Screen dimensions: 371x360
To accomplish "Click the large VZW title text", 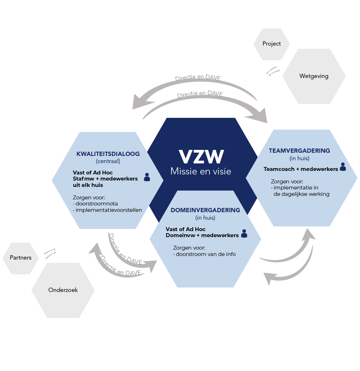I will point(201,157).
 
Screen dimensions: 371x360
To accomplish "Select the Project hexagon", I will point(272,44).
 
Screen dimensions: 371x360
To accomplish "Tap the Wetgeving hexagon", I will point(314,76).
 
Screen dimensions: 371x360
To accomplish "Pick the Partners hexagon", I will point(21,258).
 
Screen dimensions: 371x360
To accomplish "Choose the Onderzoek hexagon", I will point(63,290).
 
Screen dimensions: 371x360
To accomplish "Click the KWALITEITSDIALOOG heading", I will point(108,154).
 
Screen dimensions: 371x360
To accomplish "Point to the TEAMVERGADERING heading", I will point(300,151).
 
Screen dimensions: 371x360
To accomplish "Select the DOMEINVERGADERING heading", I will point(205,210).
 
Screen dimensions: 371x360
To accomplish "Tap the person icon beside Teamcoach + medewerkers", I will point(343,167).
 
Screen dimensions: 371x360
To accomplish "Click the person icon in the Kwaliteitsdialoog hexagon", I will point(147,177).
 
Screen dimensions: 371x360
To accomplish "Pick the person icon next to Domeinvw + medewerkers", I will point(244,234).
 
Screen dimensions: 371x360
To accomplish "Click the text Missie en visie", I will point(201,171).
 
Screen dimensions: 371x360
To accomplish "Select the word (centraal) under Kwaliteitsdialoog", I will point(108,161).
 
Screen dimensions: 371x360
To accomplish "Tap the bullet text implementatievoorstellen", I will point(108,210).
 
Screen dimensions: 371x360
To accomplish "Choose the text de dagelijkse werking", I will point(301,194).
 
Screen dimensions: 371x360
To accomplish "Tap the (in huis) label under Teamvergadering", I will point(300,158).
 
